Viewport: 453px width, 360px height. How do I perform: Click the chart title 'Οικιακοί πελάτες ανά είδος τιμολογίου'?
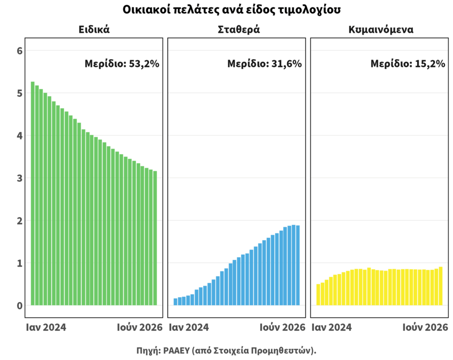click(231, 10)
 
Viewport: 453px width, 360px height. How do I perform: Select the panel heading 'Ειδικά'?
click(94, 30)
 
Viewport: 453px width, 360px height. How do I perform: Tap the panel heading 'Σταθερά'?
click(238, 30)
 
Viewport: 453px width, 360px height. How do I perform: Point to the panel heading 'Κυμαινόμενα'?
click(381, 30)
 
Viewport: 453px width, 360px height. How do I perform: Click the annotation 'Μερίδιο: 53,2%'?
click(122, 64)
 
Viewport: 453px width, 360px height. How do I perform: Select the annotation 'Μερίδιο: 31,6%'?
click(265, 64)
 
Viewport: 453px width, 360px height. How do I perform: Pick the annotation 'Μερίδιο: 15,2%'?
click(407, 64)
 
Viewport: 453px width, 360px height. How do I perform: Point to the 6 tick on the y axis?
click(19, 51)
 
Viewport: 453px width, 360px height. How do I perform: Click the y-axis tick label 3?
click(19, 178)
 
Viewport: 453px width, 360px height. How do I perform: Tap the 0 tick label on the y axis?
click(19, 306)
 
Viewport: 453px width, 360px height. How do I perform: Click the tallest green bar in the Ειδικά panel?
click(33, 193)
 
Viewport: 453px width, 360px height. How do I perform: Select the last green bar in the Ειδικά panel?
click(155, 238)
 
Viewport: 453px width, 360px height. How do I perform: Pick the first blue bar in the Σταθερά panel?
click(175, 302)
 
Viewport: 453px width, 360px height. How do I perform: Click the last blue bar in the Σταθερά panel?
click(298, 265)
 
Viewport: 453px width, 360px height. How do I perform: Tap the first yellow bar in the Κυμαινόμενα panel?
click(318, 295)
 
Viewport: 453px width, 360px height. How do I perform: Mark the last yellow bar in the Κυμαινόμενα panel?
click(441, 286)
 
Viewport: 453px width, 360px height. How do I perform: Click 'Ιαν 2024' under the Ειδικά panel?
click(46, 327)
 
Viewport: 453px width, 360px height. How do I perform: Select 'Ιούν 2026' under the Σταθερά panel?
click(282, 327)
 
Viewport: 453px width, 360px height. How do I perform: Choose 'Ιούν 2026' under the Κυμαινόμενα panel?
click(425, 327)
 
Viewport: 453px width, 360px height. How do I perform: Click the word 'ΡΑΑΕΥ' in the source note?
click(176, 350)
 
